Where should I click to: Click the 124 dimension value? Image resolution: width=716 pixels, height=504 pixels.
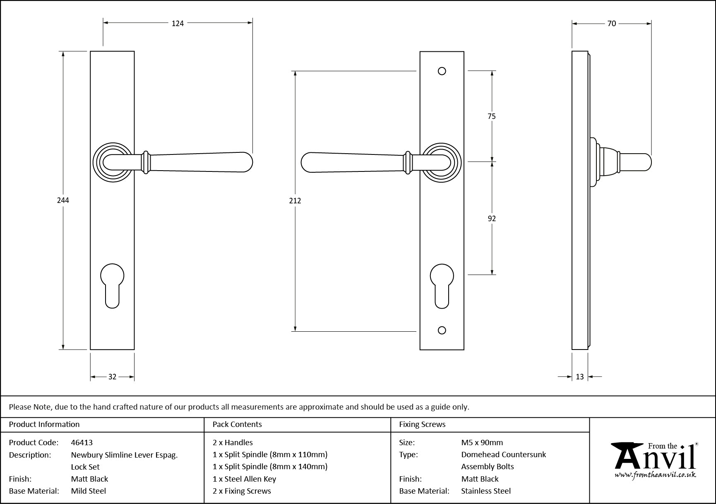tap(178, 24)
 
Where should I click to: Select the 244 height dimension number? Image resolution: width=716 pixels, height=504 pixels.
tap(63, 200)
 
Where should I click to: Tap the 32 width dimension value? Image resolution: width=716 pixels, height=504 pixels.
tap(112, 377)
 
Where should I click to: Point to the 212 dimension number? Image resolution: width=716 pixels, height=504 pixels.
tap(295, 201)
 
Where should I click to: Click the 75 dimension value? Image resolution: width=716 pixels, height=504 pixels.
tap(491, 116)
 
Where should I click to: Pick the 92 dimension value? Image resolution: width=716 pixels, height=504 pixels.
tap(492, 219)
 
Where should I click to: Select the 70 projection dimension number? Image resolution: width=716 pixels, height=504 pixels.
tap(611, 24)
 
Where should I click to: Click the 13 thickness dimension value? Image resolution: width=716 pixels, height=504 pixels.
tap(579, 377)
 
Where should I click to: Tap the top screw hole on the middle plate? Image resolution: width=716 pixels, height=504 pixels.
tap(442, 71)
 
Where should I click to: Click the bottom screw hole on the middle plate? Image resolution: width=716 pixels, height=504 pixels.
tap(442, 330)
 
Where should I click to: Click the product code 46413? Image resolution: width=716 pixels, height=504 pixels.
tap(82, 442)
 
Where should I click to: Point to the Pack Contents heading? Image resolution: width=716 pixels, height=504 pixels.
tap(237, 424)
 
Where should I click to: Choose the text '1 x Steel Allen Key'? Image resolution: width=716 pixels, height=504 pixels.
tap(244, 479)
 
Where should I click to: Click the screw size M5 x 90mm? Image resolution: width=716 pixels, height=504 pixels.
tap(482, 442)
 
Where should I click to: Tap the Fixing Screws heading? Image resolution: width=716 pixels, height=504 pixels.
tap(422, 424)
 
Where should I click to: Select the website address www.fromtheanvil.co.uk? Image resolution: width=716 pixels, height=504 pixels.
tap(655, 475)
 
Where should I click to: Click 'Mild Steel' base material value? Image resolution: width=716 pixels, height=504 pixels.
tap(89, 491)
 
